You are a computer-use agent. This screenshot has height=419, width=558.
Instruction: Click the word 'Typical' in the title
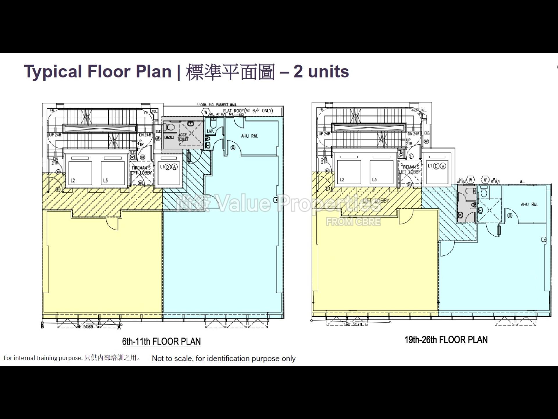point(53,72)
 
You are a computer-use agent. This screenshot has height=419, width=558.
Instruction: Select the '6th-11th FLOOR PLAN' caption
point(161,341)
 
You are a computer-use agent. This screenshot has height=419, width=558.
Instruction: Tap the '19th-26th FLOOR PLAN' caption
point(446,340)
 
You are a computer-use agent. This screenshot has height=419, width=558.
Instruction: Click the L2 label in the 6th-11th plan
point(73,180)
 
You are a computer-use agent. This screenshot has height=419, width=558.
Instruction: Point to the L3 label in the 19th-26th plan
point(374,180)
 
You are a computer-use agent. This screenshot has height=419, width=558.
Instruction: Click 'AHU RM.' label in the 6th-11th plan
point(249,136)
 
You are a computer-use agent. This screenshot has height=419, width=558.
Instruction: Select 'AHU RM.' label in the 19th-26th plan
point(529,205)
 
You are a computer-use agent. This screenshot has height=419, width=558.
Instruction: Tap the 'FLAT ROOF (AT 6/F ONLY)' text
point(248,111)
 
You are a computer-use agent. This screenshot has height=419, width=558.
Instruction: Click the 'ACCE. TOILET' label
point(183,137)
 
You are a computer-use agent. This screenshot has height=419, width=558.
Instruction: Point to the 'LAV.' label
point(210,131)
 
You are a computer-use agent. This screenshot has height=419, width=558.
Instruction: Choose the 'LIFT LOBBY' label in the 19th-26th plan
point(376,200)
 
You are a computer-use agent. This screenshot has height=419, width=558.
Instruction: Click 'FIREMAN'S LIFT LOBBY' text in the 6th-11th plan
point(141,171)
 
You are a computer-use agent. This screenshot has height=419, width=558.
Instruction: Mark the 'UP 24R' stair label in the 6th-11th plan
point(55,135)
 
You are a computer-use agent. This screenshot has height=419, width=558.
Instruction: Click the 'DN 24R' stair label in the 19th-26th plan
point(414,134)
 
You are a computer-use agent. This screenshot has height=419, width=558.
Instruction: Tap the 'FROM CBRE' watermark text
point(353,222)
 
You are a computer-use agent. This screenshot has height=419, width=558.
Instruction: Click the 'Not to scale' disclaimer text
point(223,358)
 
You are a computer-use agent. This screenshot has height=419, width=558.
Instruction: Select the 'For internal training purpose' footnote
point(43,358)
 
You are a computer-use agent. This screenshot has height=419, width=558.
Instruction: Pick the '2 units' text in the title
point(321,72)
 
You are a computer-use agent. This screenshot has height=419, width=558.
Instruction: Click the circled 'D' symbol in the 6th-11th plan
point(168,167)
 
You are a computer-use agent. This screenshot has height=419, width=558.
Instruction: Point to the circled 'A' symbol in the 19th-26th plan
point(443,166)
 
